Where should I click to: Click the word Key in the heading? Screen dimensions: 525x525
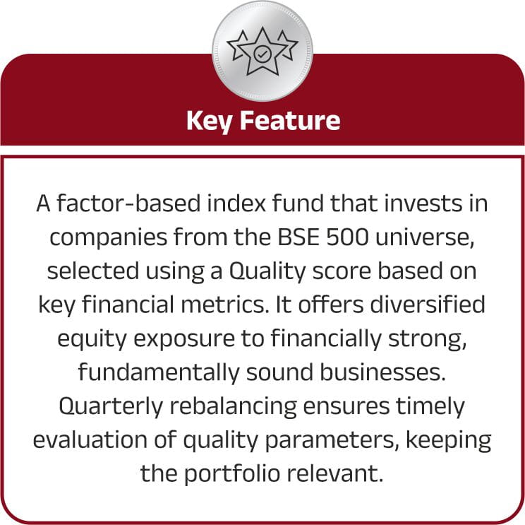coord(209,122)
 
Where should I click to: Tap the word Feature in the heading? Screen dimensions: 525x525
coord(290,120)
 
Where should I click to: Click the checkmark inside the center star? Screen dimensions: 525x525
coord(262,54)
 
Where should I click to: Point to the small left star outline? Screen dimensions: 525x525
coord(237,46)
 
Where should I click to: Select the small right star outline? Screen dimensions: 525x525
coord(287,46)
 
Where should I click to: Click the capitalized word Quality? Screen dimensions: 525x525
coord(267,271)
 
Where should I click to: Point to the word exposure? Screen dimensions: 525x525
coord(184,339)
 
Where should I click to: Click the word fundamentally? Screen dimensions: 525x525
coord(159,372)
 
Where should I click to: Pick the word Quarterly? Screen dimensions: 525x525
coord(111,406)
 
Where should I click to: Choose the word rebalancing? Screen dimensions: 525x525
coord(234,407)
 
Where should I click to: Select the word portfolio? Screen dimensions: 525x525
coord(232,474)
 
